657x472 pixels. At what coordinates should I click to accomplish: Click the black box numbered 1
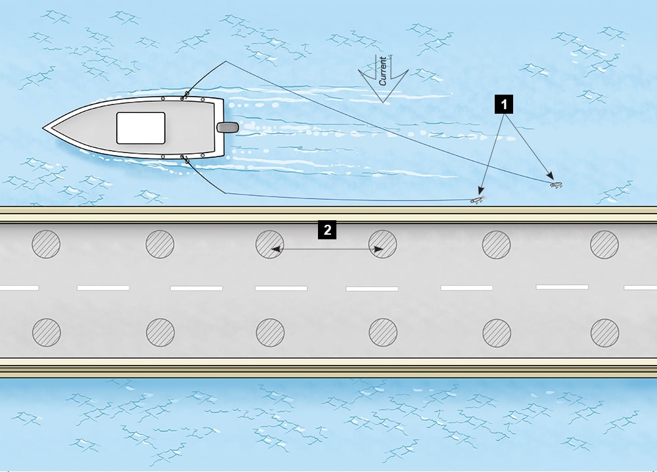tap(504, 104)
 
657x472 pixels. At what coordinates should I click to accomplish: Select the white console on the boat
tap(141, 128)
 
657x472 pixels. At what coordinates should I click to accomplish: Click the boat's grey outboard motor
tap(227, 128)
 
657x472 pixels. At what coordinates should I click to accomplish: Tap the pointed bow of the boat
tap(45, 128)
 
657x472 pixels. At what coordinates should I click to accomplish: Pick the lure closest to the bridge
tap(478, 199)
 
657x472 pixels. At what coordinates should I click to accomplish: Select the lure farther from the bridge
tap(556, 186)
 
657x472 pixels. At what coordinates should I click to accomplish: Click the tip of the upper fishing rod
tap(225, 62)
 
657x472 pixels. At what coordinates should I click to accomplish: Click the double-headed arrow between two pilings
tap(327, 249)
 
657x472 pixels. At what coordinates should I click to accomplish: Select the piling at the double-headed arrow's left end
tap(269, 245)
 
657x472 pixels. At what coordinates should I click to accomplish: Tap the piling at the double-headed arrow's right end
tap(382, 245)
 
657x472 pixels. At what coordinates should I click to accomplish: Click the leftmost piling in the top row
tap(46, 245)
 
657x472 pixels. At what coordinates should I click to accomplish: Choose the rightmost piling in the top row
tap(604, 245)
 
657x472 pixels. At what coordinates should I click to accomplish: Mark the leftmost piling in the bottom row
tap(46, 332)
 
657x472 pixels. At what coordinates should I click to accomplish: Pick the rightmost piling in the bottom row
tap(604, 333)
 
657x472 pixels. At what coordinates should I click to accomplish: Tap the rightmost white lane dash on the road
tap(641, 287)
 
